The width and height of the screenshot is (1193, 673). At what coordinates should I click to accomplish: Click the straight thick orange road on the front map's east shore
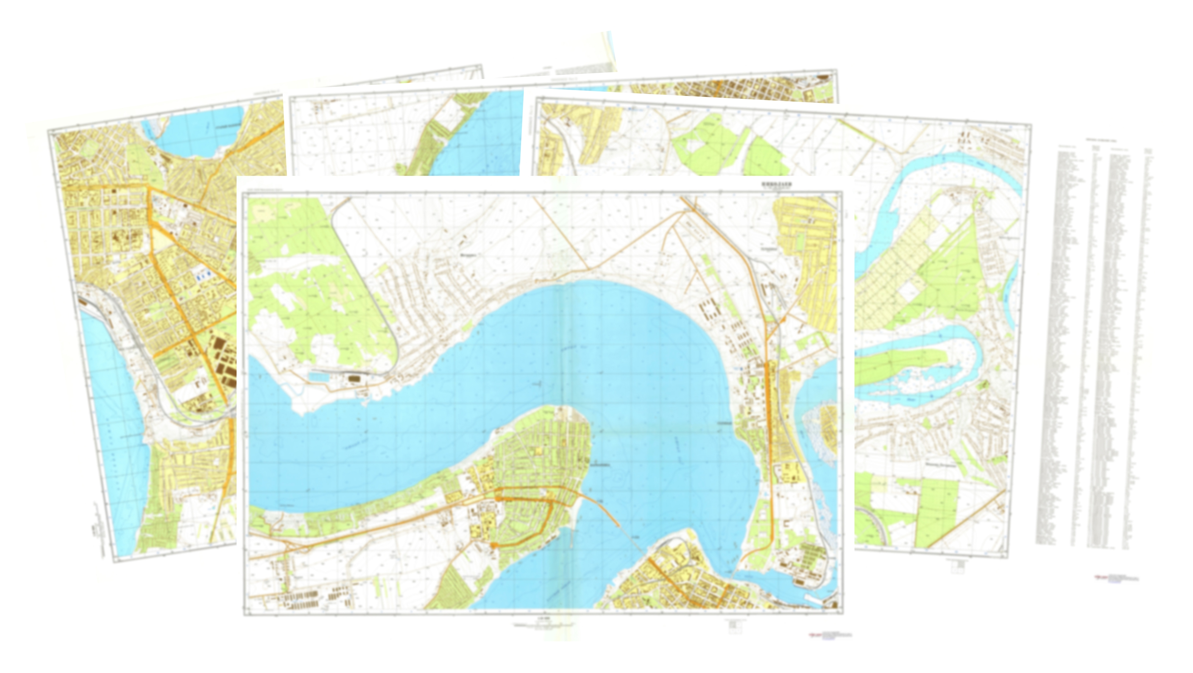pos(769,417)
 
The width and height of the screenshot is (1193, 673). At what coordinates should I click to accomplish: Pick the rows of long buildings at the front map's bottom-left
pos(315,595)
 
